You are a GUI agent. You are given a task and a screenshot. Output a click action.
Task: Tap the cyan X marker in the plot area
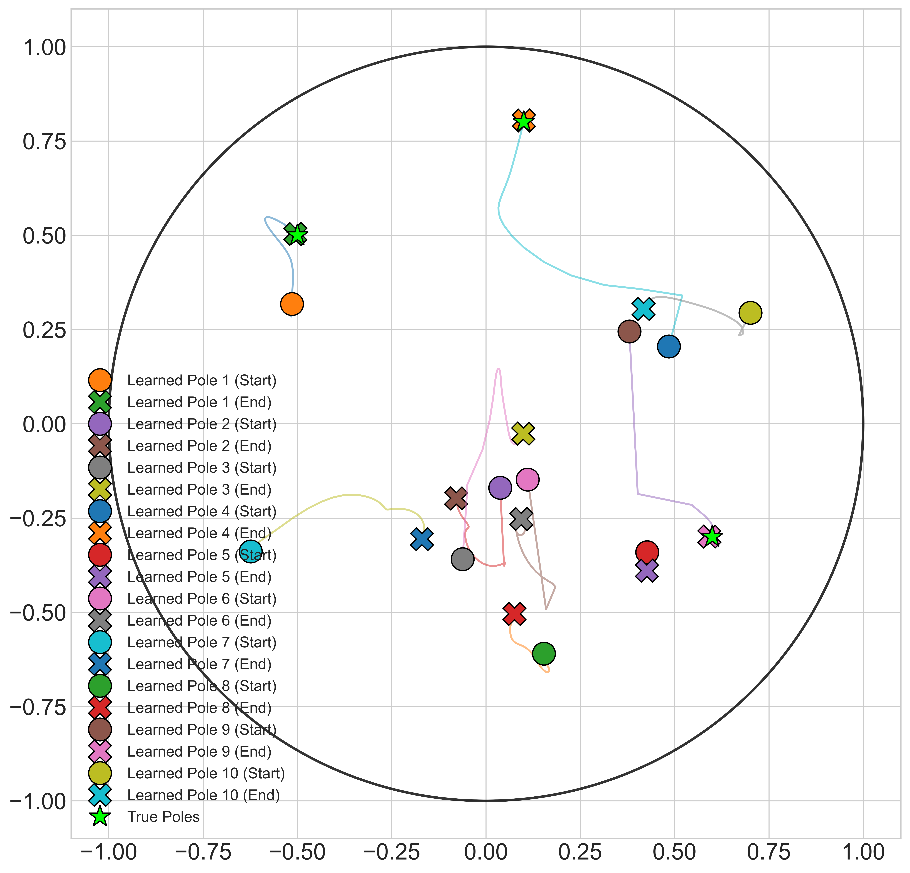pos(644,309)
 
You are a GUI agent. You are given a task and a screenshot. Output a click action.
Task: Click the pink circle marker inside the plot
pos(527,479)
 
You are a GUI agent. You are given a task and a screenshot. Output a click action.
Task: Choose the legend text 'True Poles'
pos(163,817)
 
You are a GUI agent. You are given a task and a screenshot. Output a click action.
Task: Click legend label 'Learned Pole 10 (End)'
pos(203,795)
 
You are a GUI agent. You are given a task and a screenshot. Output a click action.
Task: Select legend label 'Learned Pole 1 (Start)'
pos(202,381)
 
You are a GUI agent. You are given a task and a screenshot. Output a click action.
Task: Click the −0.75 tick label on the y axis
pos(38,707)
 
